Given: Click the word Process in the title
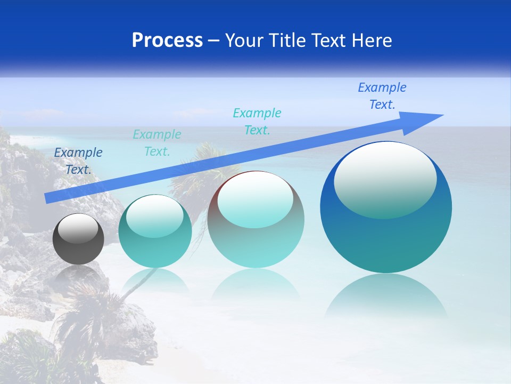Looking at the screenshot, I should (x=167, y=41).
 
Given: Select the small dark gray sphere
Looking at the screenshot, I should (x=78, y=239).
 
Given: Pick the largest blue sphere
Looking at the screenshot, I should (x=386, y=207).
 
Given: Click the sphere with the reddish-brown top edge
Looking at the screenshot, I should (x=256, y=219).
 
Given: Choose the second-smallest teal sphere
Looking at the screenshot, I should (x=155, y=231).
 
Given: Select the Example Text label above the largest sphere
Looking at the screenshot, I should (x=382, y=96).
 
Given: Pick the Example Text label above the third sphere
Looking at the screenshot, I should (x=257, y=122).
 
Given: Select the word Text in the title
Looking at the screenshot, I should (x=334, y=41).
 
